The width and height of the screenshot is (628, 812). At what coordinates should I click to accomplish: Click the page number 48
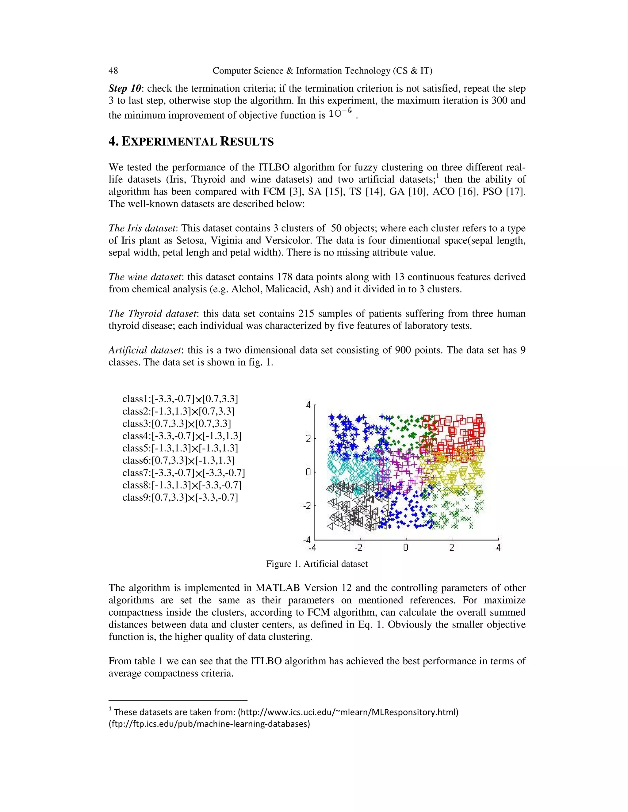click(113, 71)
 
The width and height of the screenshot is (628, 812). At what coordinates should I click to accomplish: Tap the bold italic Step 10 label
click(124, 89)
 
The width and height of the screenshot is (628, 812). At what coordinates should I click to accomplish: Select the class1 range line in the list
click(180, 399)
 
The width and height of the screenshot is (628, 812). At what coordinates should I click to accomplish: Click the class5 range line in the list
click(180, 448)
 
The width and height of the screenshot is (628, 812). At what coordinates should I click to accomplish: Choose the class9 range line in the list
click(180, 497)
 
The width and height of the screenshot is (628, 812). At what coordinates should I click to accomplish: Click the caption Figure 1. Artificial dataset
click(316, 564)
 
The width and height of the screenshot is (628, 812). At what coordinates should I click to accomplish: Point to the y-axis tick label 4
click(308, 405)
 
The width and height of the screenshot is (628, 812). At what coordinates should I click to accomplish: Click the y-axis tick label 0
click(308, 472)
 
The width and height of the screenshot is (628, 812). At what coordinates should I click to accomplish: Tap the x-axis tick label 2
click(452, 548)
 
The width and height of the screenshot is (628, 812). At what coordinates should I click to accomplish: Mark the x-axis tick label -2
click(358, 548)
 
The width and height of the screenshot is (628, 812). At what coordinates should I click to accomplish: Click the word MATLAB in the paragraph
click(278, 588)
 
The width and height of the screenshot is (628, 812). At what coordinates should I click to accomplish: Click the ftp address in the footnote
click(209, 724)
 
